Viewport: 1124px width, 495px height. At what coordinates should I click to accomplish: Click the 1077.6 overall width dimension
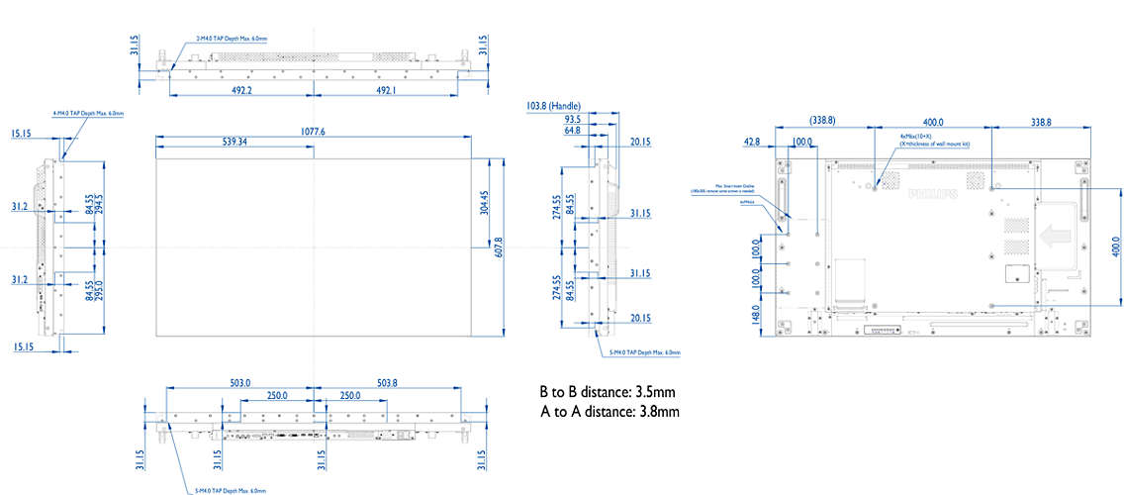pyautogui.click(x=313, y=131)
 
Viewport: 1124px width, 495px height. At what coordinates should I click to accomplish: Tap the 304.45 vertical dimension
pyautogui.click(x=485, y=203)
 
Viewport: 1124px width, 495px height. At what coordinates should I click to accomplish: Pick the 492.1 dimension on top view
pyautogui.click(x=387, y=90)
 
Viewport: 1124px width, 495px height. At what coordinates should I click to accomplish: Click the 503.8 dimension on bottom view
pyautogui.click(x=387, y=382)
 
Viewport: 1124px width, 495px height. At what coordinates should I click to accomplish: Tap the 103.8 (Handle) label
pyautogui.click(x=553, y=105)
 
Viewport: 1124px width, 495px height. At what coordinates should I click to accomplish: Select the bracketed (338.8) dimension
pyautogui.click(x=822, y=120)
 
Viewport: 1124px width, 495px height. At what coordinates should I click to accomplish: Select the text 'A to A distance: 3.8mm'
pyautogui.click(x=609, y=411)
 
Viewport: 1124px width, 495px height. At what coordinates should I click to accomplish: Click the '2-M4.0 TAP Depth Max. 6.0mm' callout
pyautogui.click(x=232, y=39)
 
